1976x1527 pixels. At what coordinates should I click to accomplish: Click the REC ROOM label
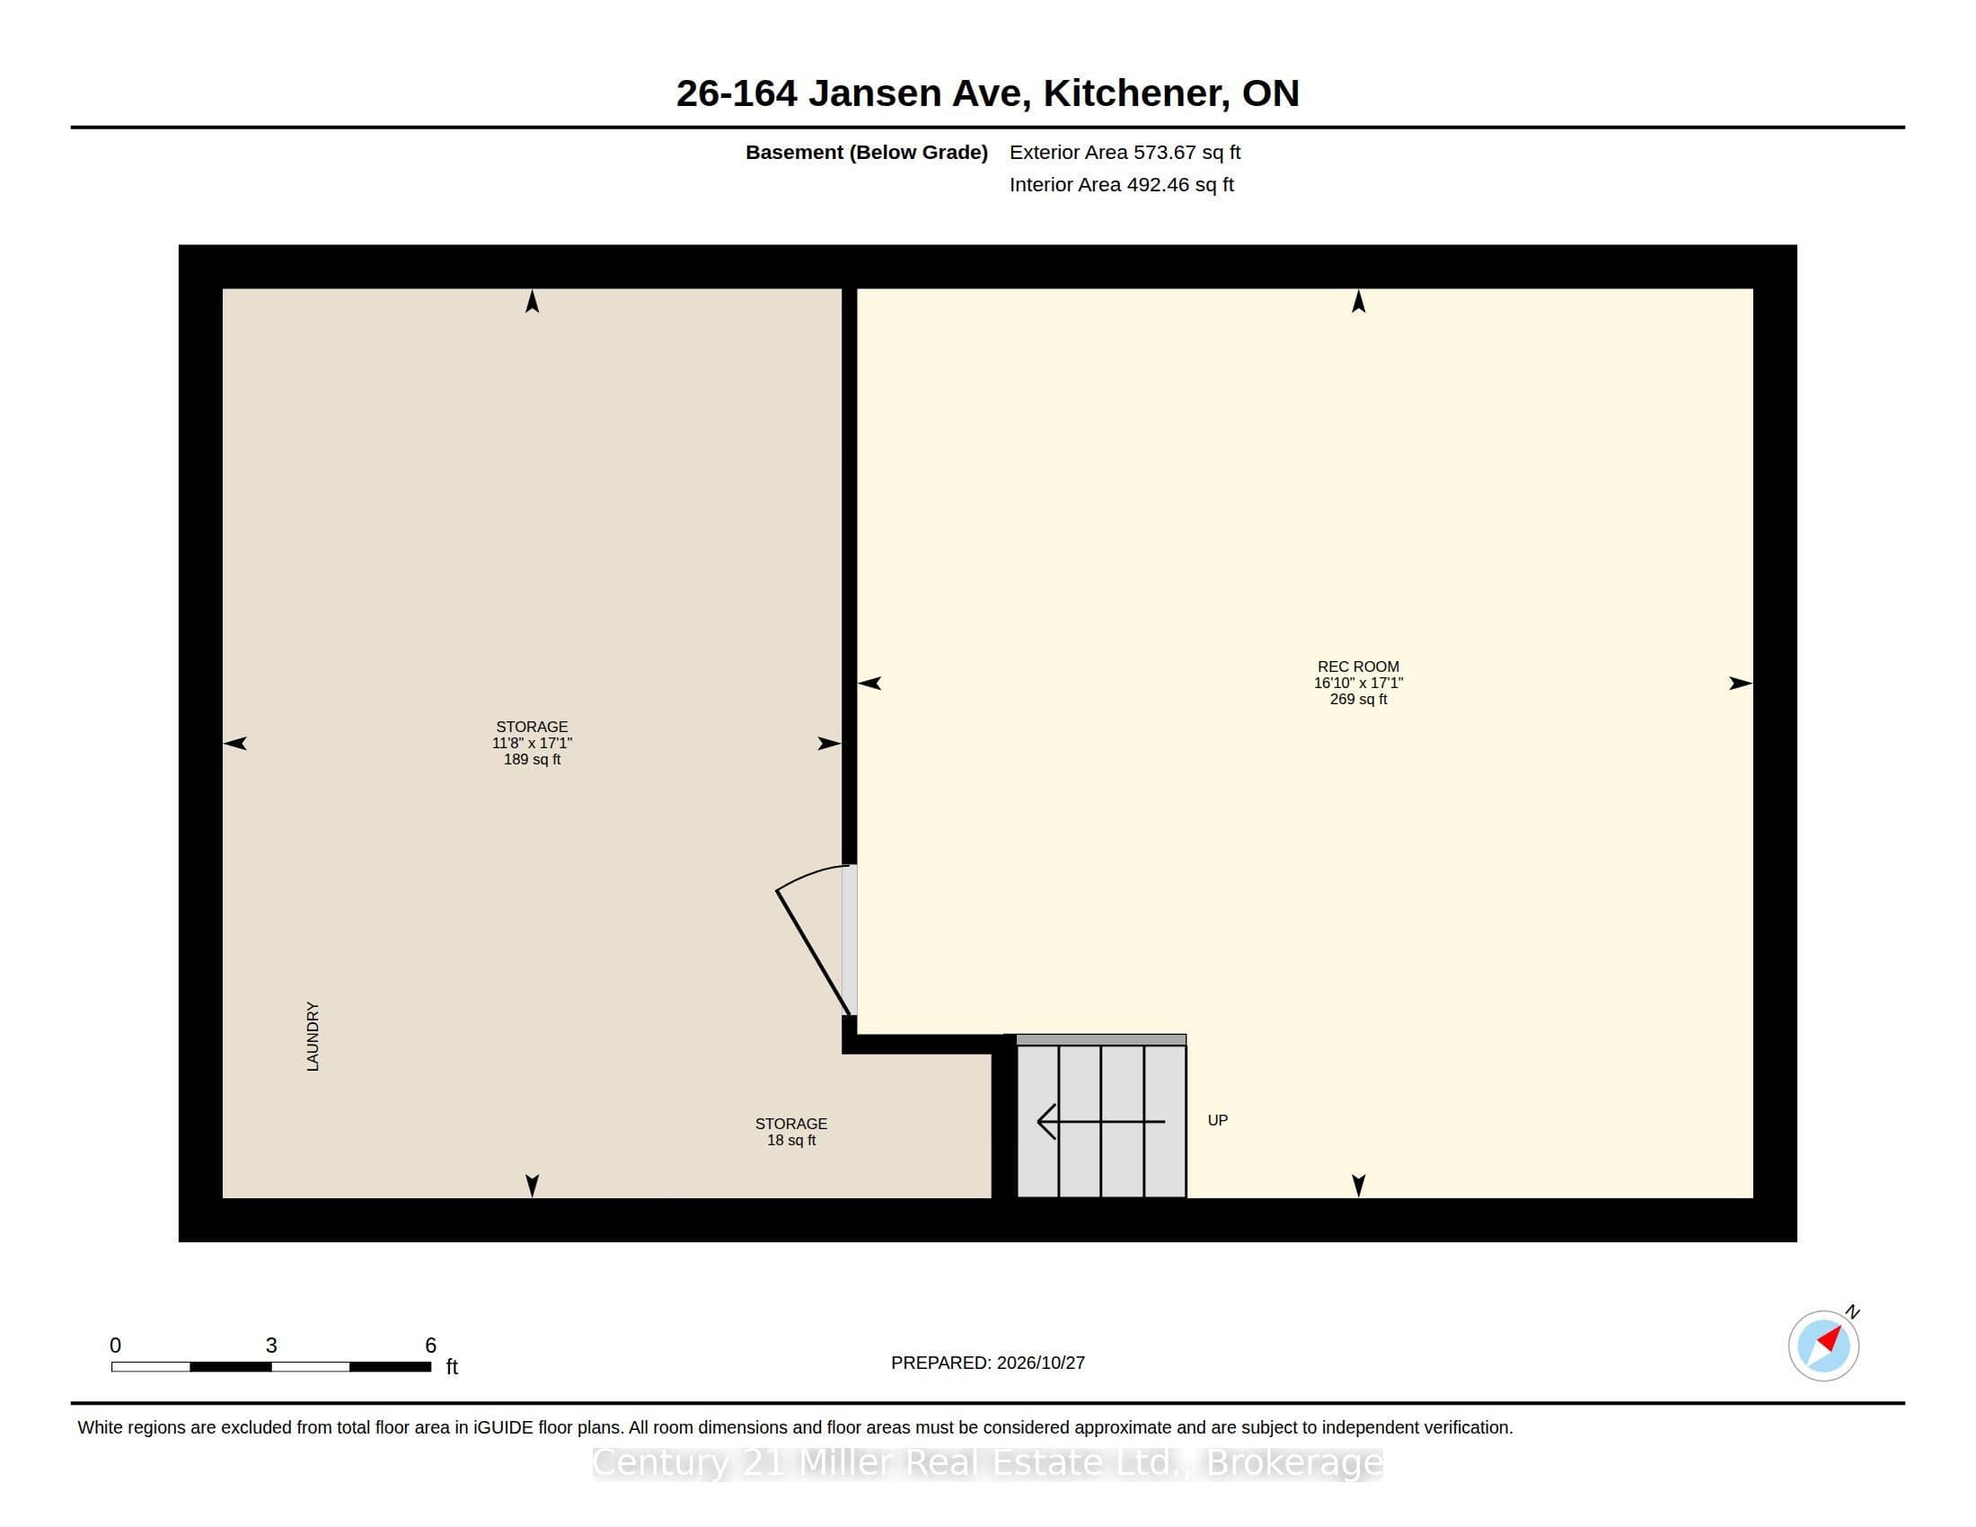coord(1358,666)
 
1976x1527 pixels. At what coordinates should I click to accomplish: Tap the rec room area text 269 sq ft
coord(1358,699)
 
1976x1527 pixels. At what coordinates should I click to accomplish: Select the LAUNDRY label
coord(313,1036)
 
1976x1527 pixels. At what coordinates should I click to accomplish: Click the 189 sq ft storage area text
coord(532,760)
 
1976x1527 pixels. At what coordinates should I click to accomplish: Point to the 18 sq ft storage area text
coord(791,1141)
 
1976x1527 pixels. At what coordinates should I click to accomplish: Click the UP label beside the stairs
coord(1218,1120)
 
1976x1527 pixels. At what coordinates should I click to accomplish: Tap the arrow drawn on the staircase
coord(1101,1122)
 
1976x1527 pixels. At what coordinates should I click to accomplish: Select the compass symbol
coord(1824,1346)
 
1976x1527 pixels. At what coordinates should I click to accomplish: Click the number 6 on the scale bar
coord(430,1346)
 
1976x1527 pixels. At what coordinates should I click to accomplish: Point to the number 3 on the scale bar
coord(271,1346)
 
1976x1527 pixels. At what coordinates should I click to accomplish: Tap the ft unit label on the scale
coord(453,1367)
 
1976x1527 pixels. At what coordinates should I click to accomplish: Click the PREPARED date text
coord(988,1364)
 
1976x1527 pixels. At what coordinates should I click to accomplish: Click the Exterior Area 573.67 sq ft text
coord(1125,152)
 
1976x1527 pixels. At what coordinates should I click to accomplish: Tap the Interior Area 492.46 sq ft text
coord(1122,184)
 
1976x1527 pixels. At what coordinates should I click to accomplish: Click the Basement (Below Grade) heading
coord(867,153)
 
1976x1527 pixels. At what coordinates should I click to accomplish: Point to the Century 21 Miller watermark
coord(988,1462)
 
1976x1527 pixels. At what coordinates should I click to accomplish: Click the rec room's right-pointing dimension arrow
coord(1741,683)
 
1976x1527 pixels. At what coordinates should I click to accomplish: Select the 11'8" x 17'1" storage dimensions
coord(532,744)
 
